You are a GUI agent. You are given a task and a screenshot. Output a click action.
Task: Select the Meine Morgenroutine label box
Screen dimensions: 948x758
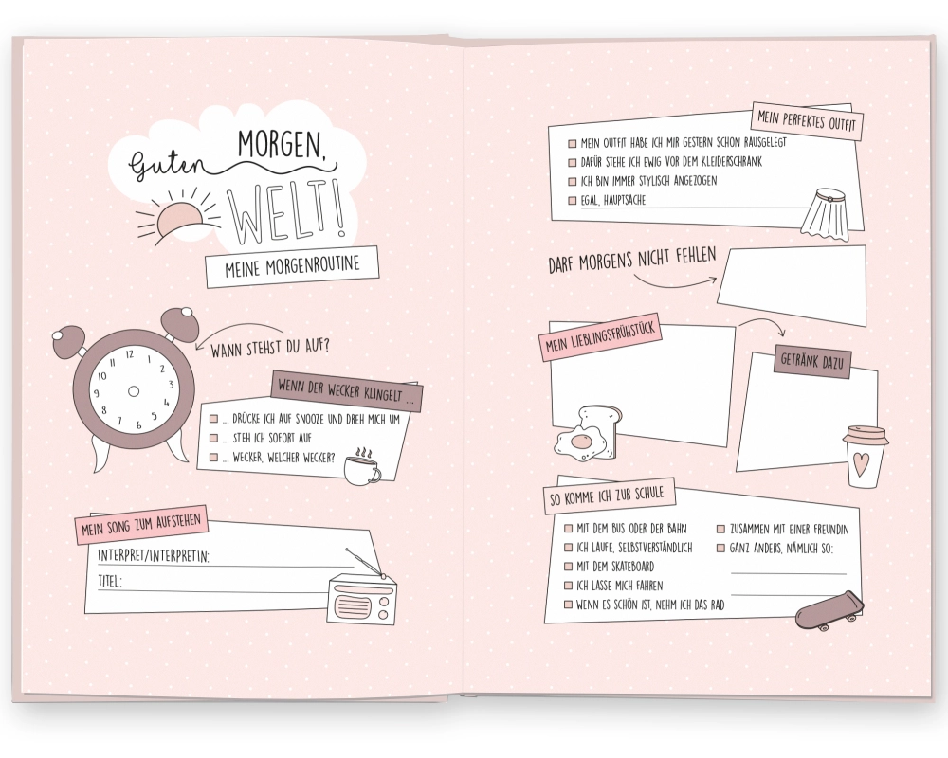[x=292, y=266]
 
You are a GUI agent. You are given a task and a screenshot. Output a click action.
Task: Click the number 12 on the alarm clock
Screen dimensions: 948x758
[x=129, y=354]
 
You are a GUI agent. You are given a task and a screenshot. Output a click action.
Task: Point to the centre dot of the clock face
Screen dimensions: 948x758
[x=134, y=391]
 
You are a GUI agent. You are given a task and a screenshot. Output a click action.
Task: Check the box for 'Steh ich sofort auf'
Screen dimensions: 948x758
[x=213, y=439]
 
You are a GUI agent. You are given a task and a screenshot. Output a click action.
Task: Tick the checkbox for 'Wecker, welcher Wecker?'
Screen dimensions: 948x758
[x=213, y=458]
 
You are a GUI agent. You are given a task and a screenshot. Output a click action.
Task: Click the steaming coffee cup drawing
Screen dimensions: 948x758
[x=362, y=466]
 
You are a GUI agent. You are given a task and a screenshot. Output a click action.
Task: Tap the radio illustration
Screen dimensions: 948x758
[x=362, y=594]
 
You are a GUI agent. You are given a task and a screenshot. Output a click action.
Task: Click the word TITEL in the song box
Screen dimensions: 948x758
[x=109, y=582]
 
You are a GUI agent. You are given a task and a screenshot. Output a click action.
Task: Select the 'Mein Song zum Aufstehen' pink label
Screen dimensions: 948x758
[x=141, y=525]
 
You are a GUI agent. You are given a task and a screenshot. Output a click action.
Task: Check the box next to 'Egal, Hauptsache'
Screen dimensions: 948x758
[x=572, y=201]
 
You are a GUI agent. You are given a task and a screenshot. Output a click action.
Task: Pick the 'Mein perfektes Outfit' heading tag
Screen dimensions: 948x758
[x=807, y=121]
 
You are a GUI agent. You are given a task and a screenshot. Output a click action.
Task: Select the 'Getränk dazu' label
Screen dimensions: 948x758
[x=812, y=361]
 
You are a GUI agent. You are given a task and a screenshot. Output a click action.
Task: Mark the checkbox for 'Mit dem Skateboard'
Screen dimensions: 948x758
[x=568, y=567]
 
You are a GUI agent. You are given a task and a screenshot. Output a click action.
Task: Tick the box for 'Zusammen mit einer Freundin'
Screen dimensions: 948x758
[x=720, y=530]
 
